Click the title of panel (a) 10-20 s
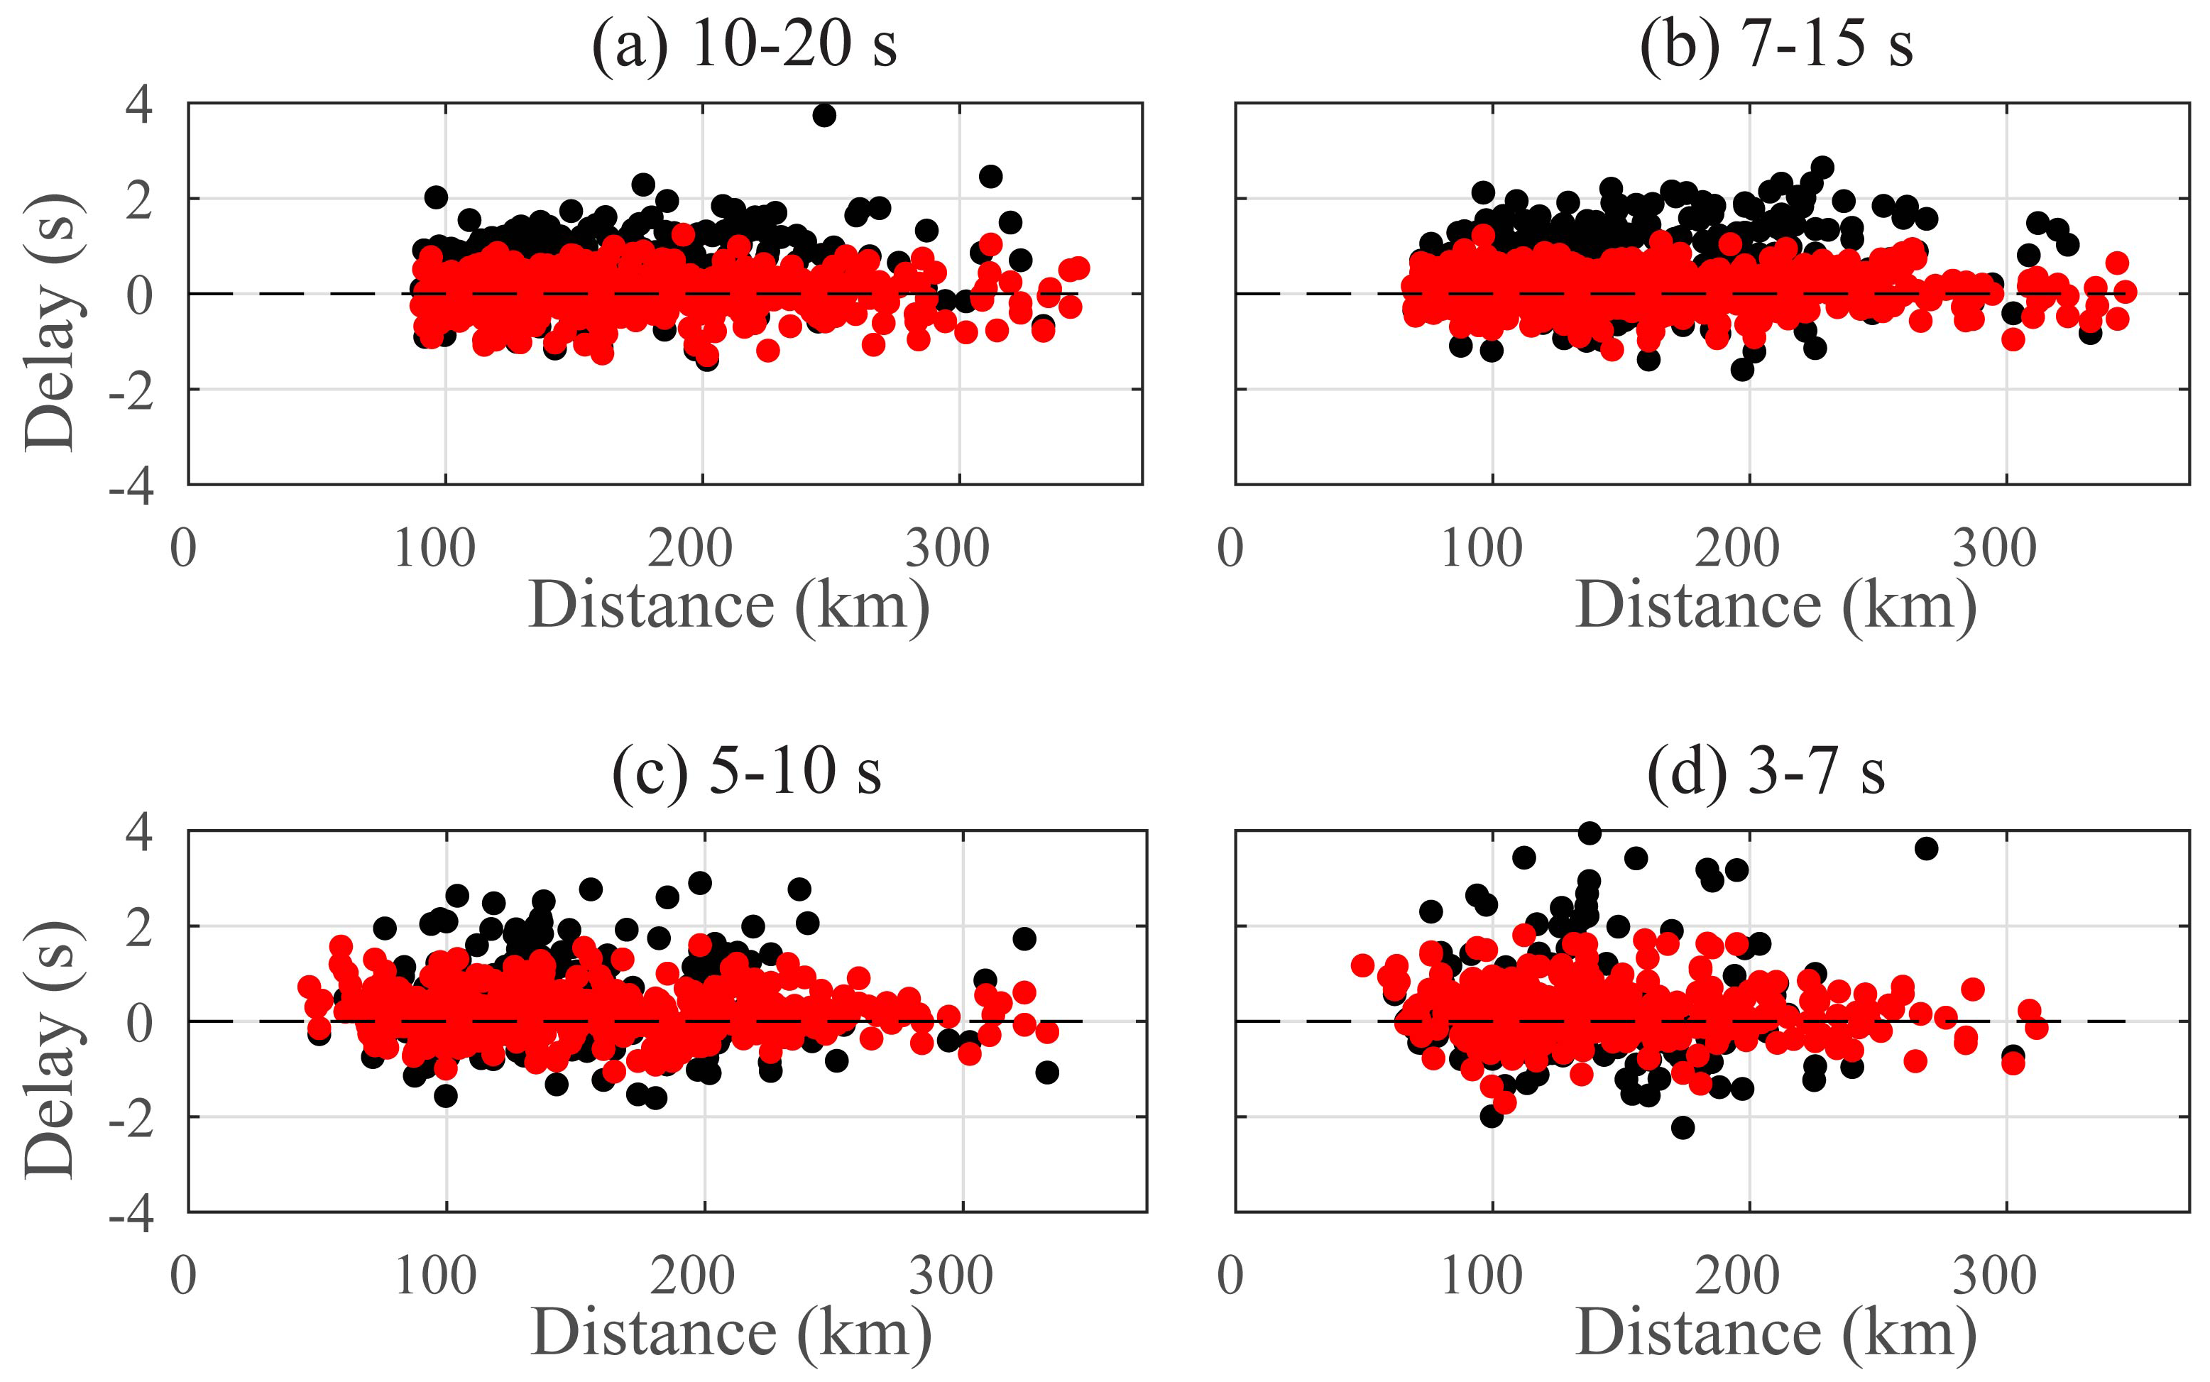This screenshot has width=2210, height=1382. [x=744, y=44]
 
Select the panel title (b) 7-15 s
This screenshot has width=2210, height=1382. [x=1776, y=44]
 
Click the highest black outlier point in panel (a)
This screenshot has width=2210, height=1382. [x=824, y=115]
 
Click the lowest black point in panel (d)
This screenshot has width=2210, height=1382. [x=1683, y=1128]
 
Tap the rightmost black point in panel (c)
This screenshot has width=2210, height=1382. [x=1047, y=1072]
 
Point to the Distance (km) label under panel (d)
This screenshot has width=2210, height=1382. [x=1776, y=1332]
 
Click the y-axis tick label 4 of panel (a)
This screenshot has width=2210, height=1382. [x=140, y=104]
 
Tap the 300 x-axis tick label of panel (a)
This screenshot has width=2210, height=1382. [x=948, y=549]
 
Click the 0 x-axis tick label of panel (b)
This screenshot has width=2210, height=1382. [x=1231, y=549]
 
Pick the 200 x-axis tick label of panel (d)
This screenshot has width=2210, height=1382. [x=1737, y=1276]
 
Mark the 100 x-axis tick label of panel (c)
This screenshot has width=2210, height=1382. [x=435, y=1276]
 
